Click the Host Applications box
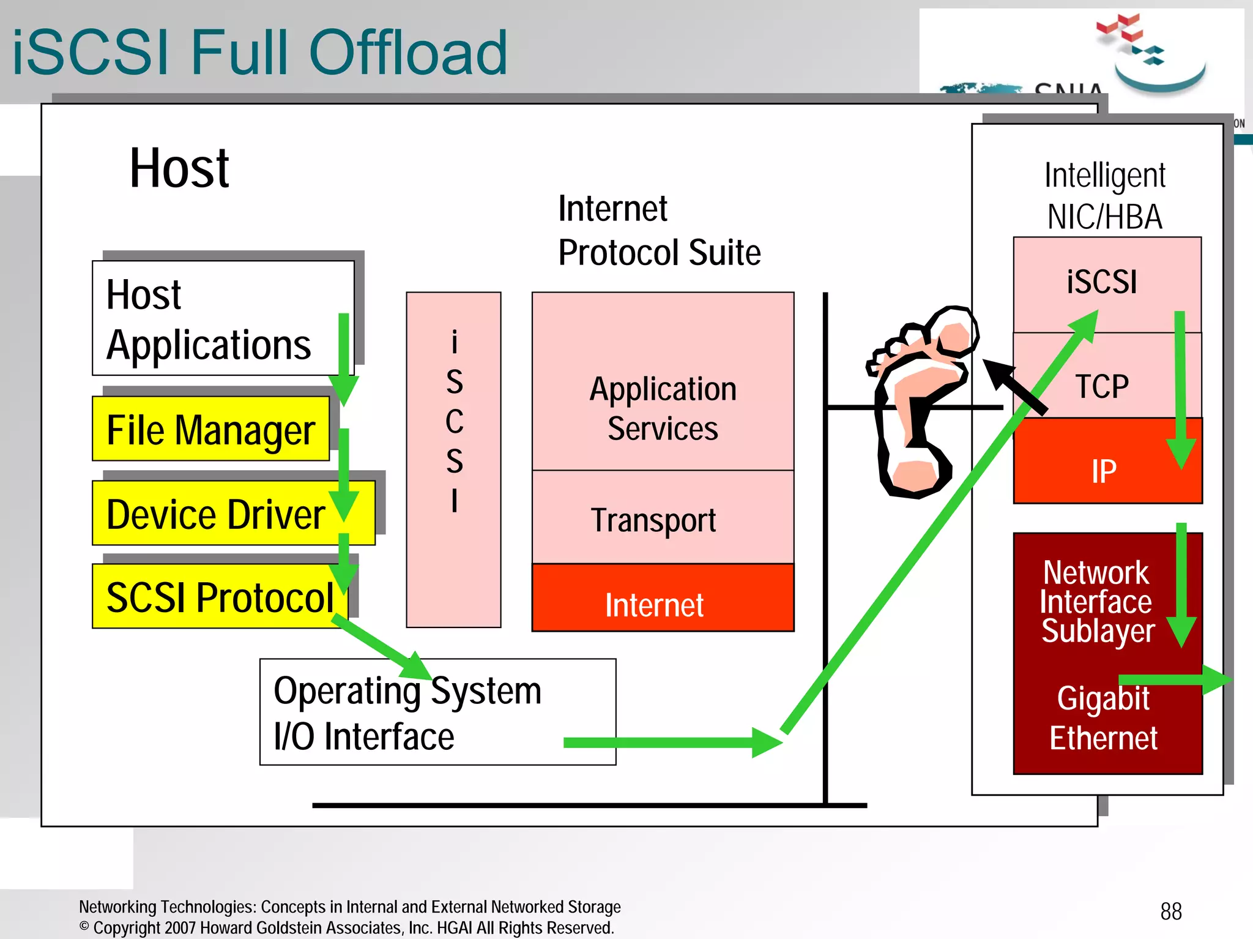pos(208,319)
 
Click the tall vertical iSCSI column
pos(453,459)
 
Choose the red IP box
pos(1104,470)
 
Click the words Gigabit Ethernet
pos(1103,717)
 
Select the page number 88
pos(1170,911)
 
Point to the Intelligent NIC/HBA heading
pos(1104,196)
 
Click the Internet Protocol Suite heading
pos(658,230)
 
